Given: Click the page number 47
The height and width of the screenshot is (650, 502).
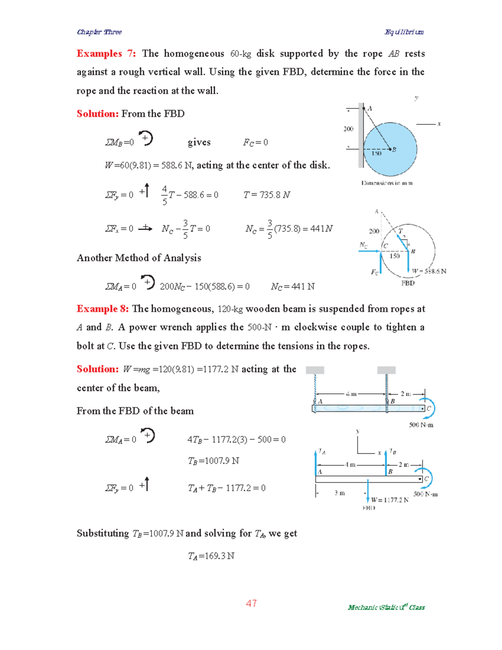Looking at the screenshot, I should pos(251,603).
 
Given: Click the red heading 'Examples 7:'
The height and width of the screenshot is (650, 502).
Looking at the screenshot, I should pos(106,54).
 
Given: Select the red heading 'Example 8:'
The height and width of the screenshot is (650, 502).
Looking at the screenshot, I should pos(102,309).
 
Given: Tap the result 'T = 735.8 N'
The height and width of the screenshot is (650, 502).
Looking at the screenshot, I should pos(266,195).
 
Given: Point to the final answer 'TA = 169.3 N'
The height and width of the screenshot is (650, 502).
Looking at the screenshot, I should pos(211,556).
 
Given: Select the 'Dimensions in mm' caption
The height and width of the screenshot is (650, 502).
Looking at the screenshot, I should pos(387,183).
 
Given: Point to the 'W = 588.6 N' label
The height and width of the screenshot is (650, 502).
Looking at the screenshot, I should pos(429,271).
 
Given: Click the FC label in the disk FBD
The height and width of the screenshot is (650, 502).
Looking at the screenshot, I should pos(374,272).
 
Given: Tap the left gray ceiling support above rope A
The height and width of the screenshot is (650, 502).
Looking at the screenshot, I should pos(315,370).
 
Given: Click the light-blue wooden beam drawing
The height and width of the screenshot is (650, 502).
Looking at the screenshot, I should pos(368,408).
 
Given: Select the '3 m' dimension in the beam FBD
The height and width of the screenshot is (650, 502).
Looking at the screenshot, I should pos(340,493).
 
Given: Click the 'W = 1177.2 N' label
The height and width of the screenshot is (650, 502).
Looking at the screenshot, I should pos(389,500).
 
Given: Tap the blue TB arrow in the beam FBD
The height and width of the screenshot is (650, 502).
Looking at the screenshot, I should pos(386,463).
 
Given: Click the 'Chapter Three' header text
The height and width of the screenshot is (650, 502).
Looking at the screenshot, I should pos(99,32).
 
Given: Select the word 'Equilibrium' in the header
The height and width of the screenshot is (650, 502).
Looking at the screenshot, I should pos(404,32).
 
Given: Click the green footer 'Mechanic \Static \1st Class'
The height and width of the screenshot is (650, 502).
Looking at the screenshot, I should pos(386,607).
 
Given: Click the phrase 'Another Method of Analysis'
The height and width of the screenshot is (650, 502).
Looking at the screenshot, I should pos(139,258).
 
